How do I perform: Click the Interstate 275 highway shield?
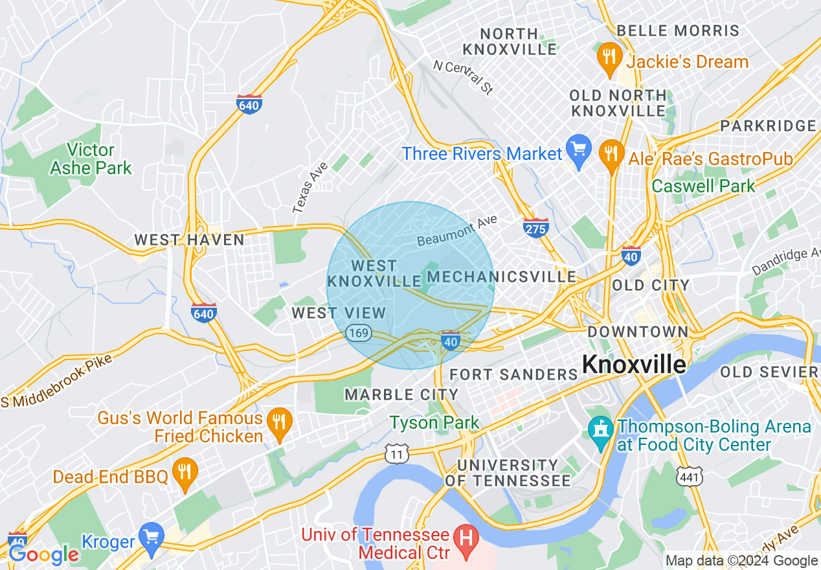pos(536,227)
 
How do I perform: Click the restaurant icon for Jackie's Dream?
pos(608,60)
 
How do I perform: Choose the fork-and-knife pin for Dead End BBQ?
pos(185,476)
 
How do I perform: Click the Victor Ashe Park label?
pos(91,159)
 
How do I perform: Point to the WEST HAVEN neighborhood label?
pos(189,240)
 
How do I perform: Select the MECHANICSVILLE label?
pos(502,277)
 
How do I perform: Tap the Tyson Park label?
pos(434,423)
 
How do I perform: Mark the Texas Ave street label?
pos(310,187)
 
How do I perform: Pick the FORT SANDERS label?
pos(513,374)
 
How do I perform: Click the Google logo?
pos(43,554)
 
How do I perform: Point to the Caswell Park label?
pos(703,187)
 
